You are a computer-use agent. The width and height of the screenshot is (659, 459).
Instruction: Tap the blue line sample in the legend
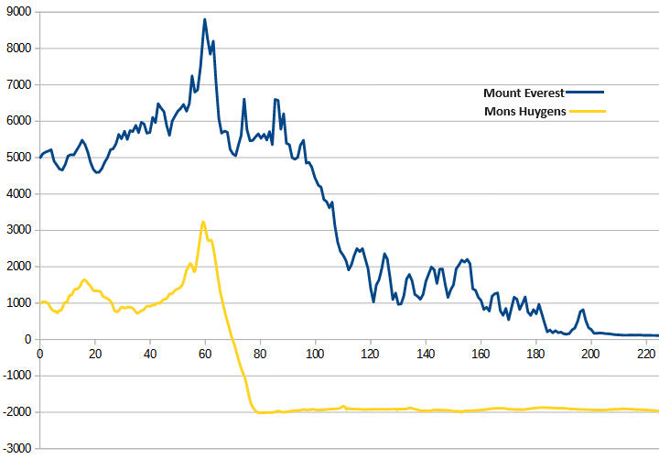coord(587,93)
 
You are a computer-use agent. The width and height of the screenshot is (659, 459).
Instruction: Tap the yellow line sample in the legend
coord(587,112)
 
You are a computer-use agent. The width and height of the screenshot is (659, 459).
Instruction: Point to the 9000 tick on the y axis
coord(18,12)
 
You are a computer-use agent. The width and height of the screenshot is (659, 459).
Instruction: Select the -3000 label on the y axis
coord(16,448)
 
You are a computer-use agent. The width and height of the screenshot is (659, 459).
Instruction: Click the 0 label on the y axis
coord(28,339)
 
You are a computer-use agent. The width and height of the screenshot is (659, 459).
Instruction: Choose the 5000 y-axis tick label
coord(18,158)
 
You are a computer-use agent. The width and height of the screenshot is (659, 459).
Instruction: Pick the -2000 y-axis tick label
coord(16,412)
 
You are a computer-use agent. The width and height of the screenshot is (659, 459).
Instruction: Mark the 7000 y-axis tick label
coord(18,85)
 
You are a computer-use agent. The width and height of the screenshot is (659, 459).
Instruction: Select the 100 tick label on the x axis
coord(315,352)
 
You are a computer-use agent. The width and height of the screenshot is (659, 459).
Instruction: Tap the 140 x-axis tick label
coord(425,352)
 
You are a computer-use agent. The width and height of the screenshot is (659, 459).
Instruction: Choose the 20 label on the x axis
coord(94,352)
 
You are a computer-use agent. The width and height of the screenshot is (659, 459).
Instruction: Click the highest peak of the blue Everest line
coord(205,19)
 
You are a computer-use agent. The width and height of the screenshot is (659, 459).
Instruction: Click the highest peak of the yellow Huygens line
coord(203,222)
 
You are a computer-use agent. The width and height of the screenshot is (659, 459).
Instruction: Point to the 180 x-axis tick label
coord(535,352)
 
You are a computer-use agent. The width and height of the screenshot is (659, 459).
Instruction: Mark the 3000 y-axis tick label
coord(18,230)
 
